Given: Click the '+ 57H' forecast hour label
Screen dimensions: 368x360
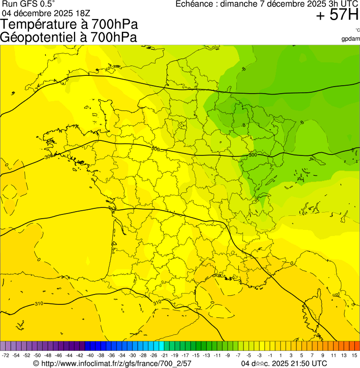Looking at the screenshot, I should pos(337,15).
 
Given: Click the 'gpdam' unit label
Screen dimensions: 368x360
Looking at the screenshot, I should pos(351,38).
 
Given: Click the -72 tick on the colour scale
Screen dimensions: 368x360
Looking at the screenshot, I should pos(6,356).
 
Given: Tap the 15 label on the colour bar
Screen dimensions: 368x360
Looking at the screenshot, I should pos(354,356).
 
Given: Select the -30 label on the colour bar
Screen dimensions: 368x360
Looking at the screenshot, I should pos(132,356).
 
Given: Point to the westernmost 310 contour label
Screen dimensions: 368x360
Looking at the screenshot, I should pos(39,304).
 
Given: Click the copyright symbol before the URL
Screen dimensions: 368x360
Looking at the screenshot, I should pos(36,363).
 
